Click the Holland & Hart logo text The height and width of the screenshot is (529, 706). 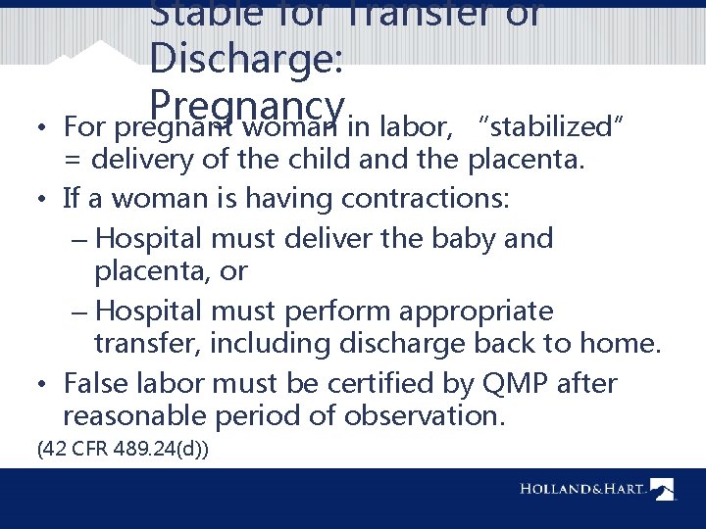(582, 488)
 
